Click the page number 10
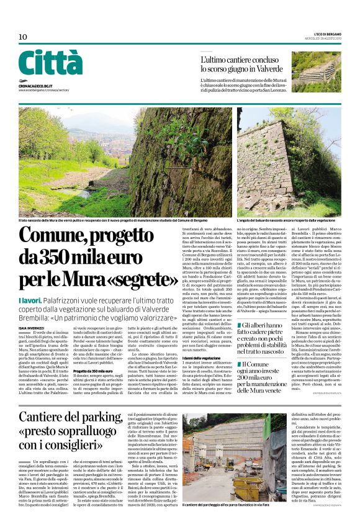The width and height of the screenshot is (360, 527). (22, 37)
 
